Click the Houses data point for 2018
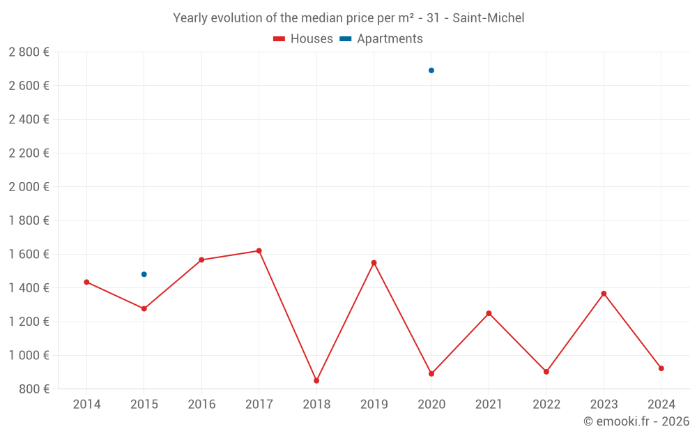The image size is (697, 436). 316,381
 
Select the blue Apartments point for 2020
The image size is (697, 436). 431,70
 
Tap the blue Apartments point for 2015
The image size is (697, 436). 144,274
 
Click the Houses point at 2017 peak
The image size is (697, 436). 259,250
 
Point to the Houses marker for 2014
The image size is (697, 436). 86,282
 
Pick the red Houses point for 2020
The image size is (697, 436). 431,374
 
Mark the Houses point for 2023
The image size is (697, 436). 604,294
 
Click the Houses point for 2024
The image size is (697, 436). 661,368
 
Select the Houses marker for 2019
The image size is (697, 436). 374,263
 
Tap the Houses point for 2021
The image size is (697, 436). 489,313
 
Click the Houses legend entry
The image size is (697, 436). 303,39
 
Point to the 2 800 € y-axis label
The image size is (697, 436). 29,52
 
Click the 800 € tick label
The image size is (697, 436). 33,389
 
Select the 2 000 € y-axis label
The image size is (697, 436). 29,187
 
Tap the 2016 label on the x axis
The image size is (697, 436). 201,405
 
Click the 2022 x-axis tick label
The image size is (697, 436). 546,405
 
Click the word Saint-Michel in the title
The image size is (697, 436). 488,18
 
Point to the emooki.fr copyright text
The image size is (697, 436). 636,421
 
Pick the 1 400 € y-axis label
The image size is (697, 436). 29,288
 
